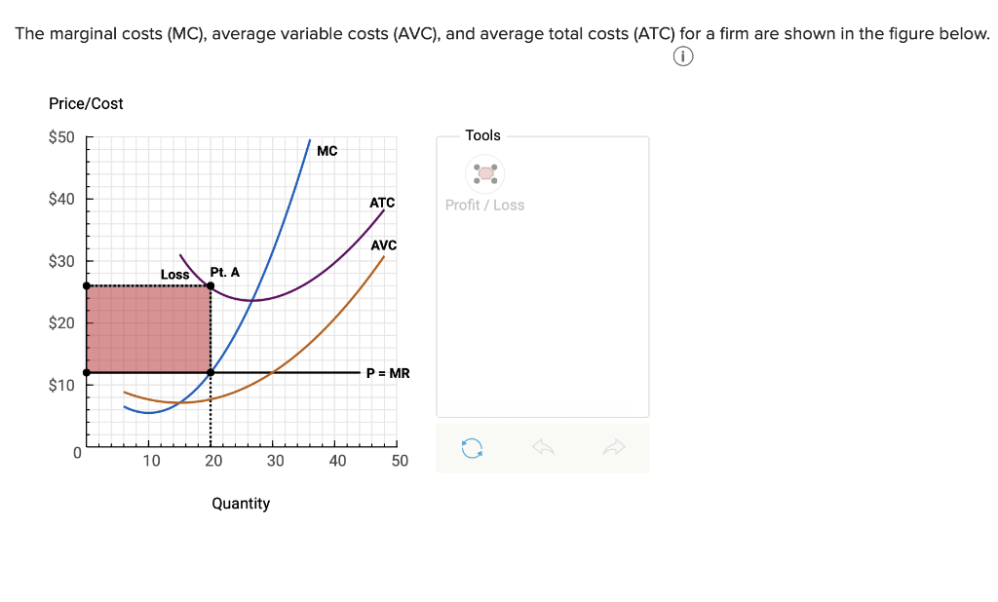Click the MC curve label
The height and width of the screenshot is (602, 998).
(327, 151)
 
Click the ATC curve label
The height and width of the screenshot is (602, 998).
(382, 203)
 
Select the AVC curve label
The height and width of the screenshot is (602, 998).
(383, 245)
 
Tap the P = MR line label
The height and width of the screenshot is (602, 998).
(388, 372)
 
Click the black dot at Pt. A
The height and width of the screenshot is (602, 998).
(211, 285)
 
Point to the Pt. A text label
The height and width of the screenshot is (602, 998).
(224, 272)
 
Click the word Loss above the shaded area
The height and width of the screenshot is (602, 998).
(174, 275)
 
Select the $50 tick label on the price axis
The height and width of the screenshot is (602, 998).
(61, 136)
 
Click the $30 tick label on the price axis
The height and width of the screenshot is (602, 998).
(61, 261)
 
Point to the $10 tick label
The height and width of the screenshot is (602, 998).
(61, 386)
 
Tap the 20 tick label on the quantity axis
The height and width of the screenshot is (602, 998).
(213, 461)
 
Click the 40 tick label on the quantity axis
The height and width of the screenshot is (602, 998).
(337, 461)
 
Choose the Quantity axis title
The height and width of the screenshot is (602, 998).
(241, 504)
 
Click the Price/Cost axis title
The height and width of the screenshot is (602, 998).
(86, 103)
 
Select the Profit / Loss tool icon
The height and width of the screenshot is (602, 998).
(485, 173)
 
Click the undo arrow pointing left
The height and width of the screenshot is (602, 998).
(543, 447)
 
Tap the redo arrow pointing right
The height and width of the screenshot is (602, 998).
(613, 447)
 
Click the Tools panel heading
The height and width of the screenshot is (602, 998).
(483, 135)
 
